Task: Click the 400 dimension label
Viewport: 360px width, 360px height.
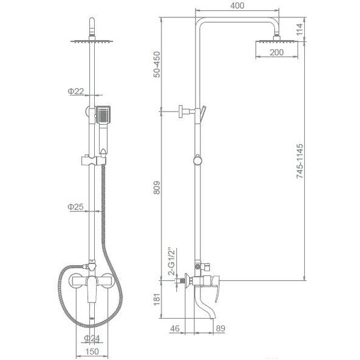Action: coord(237,5)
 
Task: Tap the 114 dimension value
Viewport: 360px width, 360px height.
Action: coord(299,29)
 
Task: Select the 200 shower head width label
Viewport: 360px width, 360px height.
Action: coord(277,52)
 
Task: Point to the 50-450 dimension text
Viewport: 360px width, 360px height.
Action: coord(157,64)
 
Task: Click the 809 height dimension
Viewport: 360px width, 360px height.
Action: coord(157,188)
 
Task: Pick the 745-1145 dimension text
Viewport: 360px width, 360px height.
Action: coord(299,161)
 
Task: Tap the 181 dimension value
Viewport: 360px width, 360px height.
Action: coord(157,299)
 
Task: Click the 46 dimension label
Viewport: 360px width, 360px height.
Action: coord(175,328)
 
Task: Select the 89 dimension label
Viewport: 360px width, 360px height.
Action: coord(220,328)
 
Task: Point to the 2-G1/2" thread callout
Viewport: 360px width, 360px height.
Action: coord(172,261)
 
